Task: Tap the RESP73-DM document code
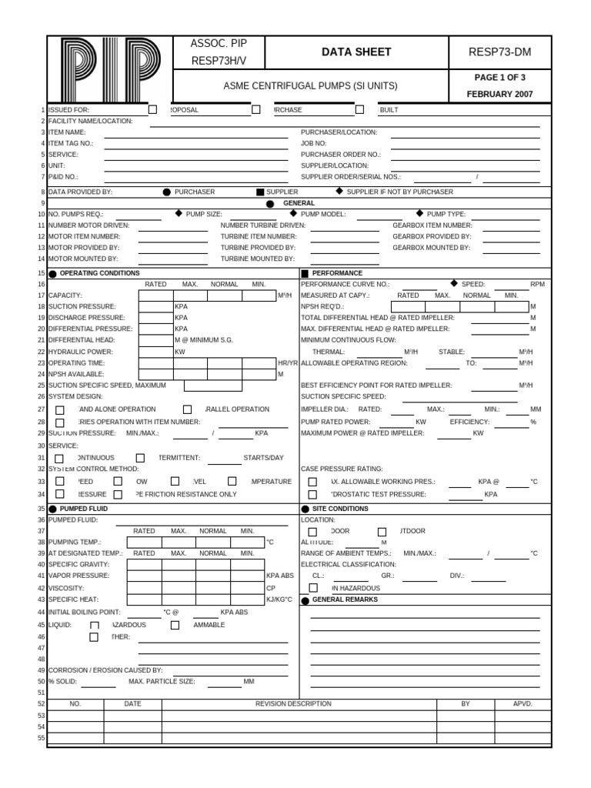tap(499, 52)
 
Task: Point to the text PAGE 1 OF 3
tap(499, 78)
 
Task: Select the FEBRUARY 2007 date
tap(499, 94)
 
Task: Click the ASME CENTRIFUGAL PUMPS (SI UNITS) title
tap(310, 86)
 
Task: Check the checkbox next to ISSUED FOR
tap(153, 110)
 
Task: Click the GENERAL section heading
tap(299, 203)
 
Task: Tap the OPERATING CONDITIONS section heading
tap(99, 273)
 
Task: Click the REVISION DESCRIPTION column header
tap(293, 703)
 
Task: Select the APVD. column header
tap(523, 703)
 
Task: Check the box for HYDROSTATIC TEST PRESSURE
tap(312, 494)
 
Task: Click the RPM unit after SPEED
tap(537, 284)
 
